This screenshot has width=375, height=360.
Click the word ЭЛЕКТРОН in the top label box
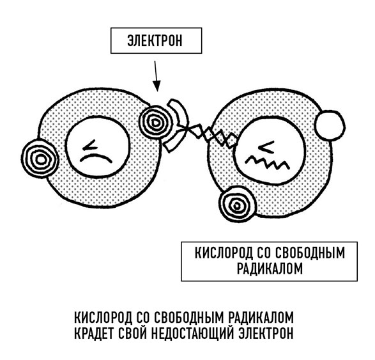coord(155,41)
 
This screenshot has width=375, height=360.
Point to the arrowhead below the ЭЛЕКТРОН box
coord(157,86)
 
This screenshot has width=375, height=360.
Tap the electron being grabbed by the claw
coord(155,123)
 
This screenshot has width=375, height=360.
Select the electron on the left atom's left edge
coord(40,159)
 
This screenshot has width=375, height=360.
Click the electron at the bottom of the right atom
coord(237,204)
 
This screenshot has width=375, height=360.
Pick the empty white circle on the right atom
coord(330,125)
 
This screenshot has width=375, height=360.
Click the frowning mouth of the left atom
coord(96,158)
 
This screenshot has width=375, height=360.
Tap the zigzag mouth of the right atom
coord(268,162)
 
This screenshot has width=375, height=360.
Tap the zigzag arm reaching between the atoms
coord(210,135)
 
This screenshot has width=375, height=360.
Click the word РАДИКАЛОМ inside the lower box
coord(270,269)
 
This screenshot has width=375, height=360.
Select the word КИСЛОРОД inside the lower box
coord(224,253)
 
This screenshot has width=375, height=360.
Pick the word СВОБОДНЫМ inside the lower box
coord(310,253)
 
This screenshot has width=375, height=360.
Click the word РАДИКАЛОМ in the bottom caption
coord(261,317)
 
